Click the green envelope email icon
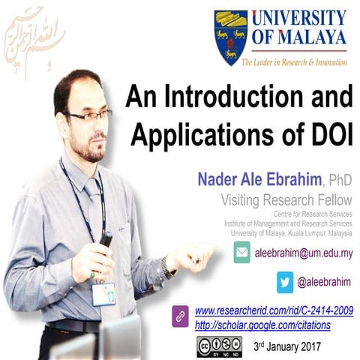click(x=241, y=253)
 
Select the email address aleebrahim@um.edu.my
click(x=304, y=253)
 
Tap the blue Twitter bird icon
click(x=285, y=283)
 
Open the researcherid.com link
click(x=274, y=310)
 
